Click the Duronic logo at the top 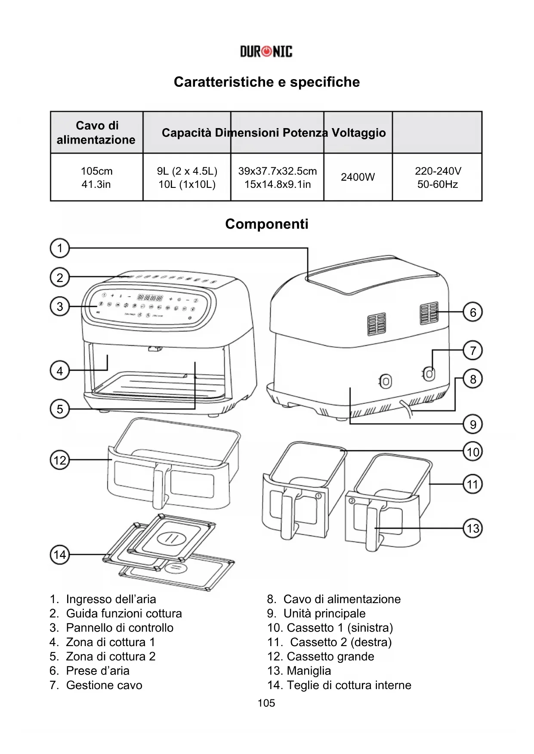coord(266,52)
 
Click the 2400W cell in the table coord(358,177)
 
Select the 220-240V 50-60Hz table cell coord(438,178)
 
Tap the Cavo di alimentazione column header coord(96,132)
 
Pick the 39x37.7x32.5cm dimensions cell coord(278,178)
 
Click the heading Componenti coord(267,224)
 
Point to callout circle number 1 coord(60,248)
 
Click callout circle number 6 coord(473,312)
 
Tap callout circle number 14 coord(60,555)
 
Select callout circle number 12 coord(60,460)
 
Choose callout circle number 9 coord(473,425)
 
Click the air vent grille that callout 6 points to coord(429,313)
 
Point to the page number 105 coord(266,703)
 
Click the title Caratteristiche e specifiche coord(267,82)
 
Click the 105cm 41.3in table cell coord(96,178)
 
